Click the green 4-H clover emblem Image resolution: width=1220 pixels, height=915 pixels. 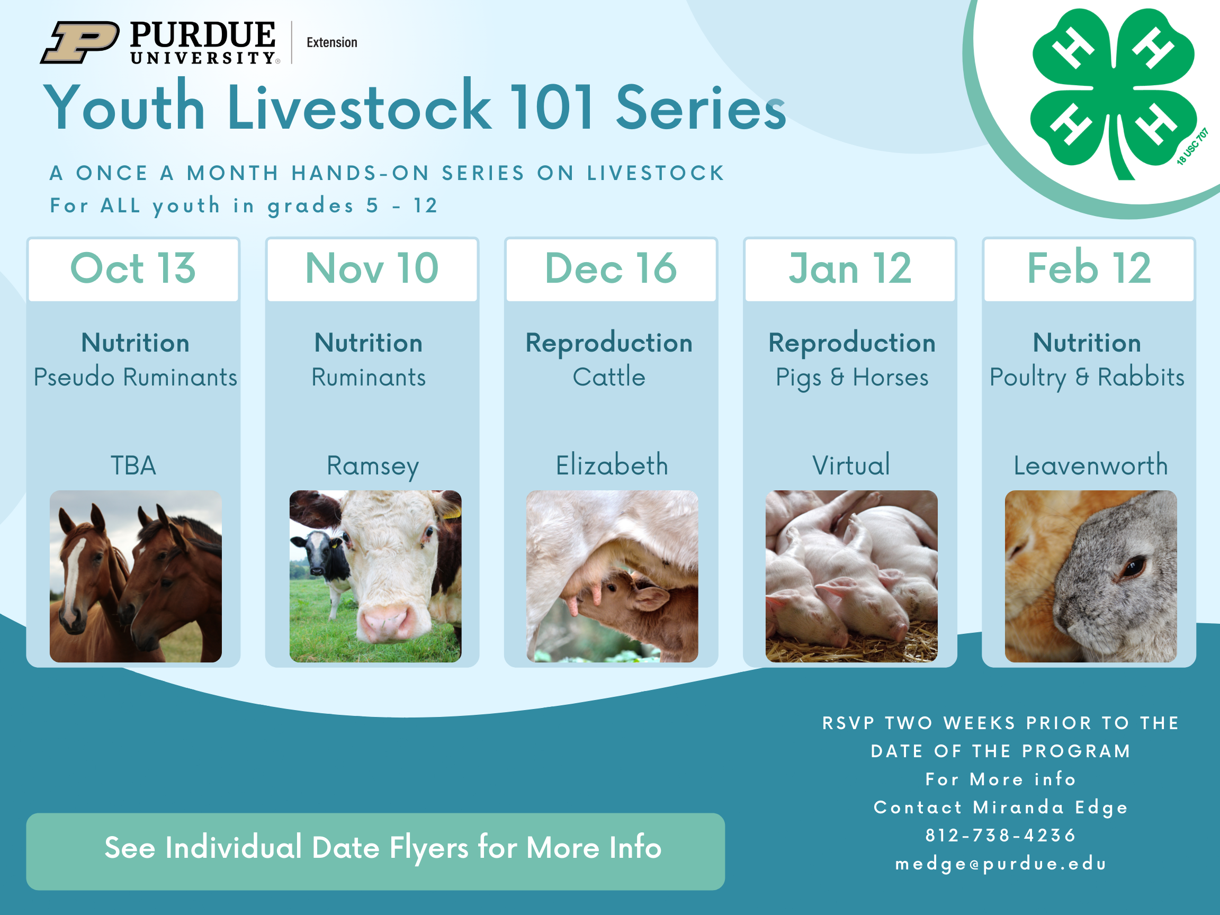coord(1113,94)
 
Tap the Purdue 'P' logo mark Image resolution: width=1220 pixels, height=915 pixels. coord(79,42)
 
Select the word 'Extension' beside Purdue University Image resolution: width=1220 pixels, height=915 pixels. coord(331,42)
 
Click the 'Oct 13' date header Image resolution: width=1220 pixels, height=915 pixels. coord(133,268)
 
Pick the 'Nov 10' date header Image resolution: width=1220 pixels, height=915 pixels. coord(372,268)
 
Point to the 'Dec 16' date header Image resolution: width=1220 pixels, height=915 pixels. coord(611,268)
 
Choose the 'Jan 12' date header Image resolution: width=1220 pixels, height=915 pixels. coord(850,268)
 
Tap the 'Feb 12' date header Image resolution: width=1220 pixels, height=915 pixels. coord(1089,268)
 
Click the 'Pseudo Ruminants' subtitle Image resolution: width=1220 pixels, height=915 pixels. coord(135,377)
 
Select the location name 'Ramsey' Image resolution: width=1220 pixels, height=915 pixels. coord(372,467)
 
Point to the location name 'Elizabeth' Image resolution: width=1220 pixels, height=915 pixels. coord(612,465)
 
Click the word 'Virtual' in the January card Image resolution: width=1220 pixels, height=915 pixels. coord(851,465)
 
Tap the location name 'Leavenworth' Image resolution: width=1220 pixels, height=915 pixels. coord(1090,465)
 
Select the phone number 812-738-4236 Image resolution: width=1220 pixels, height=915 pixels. coord(1000,835)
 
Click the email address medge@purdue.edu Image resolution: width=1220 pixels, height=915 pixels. coord(1000,864)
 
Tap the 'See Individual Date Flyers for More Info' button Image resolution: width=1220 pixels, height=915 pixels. coord(375,851)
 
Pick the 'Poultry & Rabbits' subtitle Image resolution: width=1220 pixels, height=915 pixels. coord(1087,378)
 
